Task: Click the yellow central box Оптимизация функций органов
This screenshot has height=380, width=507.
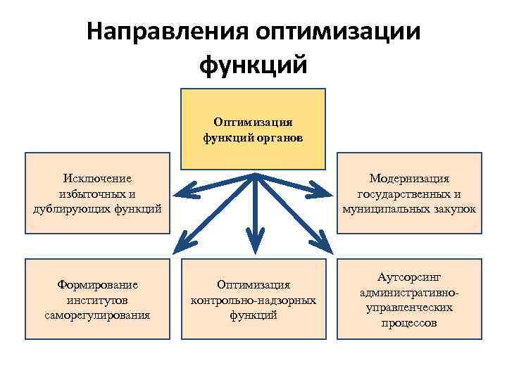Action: (x=254, y=129)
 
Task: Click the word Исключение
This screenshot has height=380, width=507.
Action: (x=97, y=179)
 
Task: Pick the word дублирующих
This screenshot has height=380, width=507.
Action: (x=69, y=209)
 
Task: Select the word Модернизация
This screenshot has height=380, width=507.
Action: (x=409, y=179)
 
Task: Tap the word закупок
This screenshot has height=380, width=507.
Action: (x=455, y=209)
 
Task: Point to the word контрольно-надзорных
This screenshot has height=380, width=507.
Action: (x=254, y=300)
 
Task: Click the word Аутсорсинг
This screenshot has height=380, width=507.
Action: (x=409, y=278)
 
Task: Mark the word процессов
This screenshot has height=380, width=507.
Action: (x=409, y=322)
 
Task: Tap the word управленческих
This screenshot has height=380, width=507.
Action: (x=409, y=308)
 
